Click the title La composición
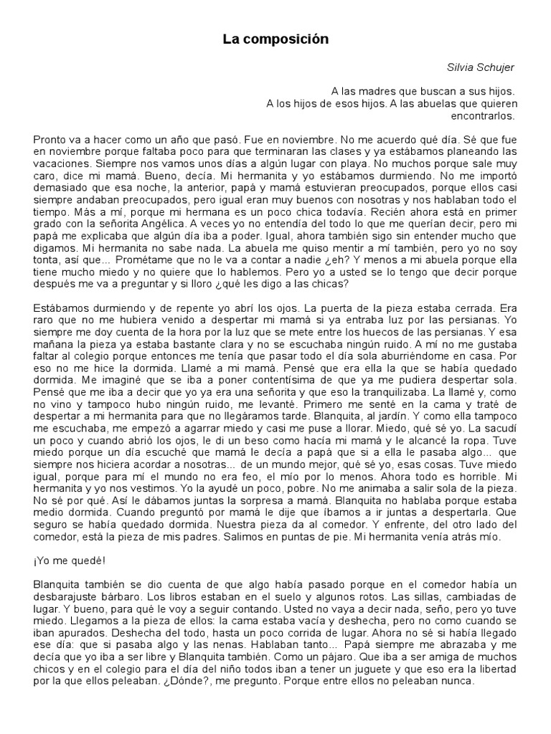pyautogui.click(x=275, y=40)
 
